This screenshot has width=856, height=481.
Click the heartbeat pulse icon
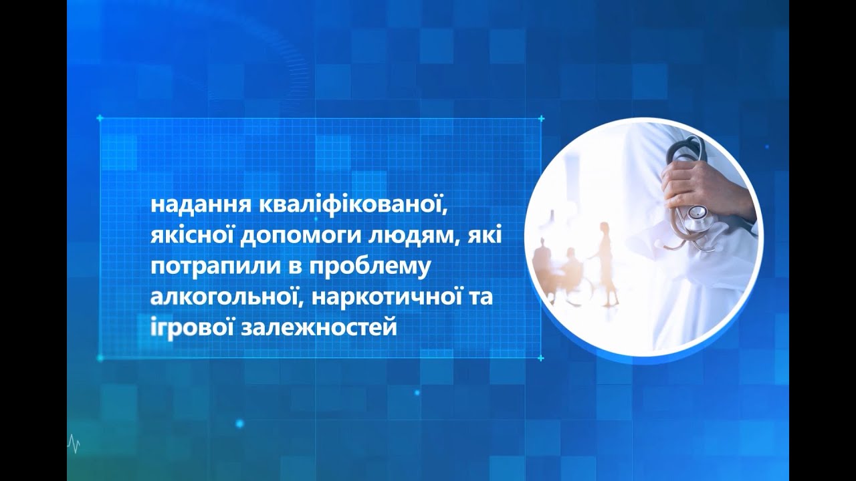(74, 444)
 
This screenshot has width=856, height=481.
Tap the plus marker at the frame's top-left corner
(100, 118)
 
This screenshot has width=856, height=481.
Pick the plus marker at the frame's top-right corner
(541, 118)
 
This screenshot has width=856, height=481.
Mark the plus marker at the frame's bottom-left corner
(100, 357)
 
